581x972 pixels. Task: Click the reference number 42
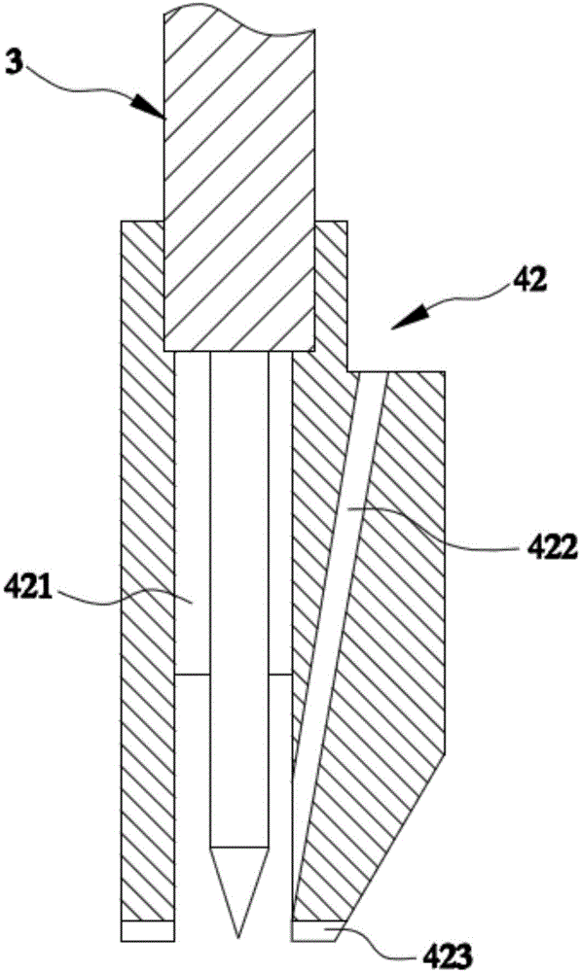tap(528, 282)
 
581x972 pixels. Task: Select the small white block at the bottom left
tap(147, 930)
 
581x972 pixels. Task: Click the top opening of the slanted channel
tap(373, 373)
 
